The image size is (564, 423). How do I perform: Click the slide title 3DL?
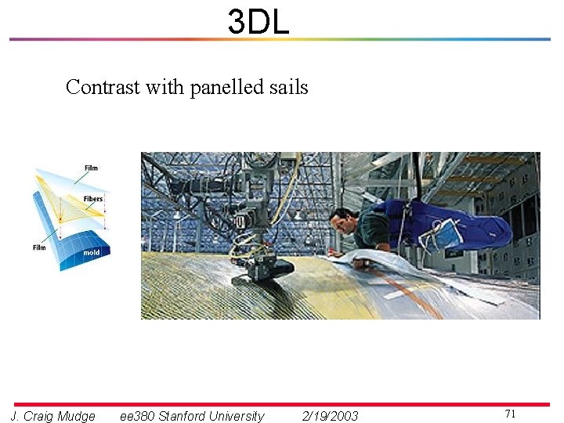(258, 21)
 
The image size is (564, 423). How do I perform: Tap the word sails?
(288, 87)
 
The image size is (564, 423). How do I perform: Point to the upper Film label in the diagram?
(92, 168)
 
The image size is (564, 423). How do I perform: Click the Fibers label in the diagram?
(92, 199)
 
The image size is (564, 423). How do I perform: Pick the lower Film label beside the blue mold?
(39, 248)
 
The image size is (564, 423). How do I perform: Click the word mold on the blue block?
(92, 253)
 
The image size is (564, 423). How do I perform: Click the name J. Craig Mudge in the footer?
(52, 416)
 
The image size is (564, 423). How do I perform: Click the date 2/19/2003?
(330, 416)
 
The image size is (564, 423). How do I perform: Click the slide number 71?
(510, 413)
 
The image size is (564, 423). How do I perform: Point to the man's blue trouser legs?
(470, 227)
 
